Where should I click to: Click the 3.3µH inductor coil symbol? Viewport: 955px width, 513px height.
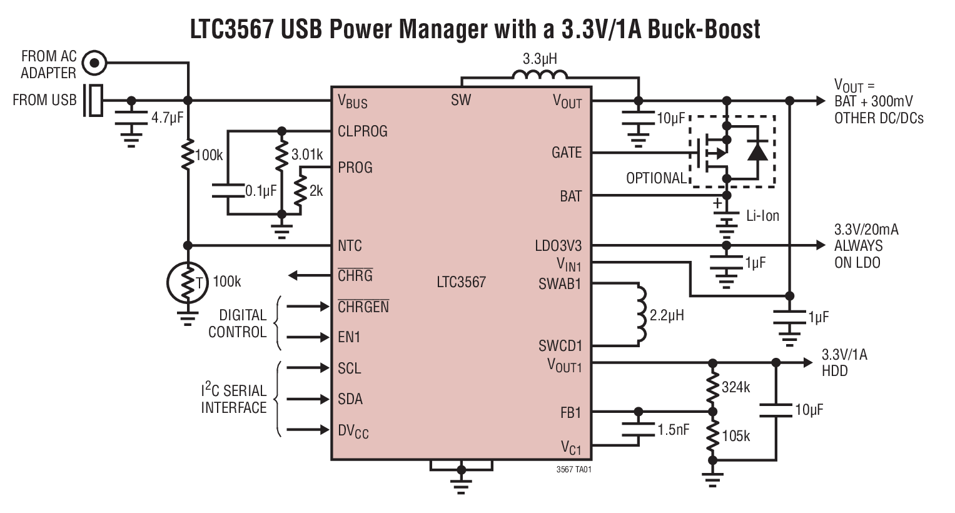[x=539, y=75]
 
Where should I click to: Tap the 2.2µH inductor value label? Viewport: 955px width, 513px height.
[x=667, y=315]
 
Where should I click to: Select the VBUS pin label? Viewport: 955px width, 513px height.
[x=352, y=101]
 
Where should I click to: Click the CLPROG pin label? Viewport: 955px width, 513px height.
[x=362, y=131]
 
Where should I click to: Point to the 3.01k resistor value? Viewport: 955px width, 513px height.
[x=307, y=155]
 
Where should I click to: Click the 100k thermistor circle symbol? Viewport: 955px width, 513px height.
[x=186, y=283]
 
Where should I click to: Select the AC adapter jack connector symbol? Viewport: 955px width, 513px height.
[x=94, y=63]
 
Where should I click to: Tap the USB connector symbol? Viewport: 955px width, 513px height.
[x=94, y=100]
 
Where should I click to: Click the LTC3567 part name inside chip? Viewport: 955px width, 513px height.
[x=461, y=282]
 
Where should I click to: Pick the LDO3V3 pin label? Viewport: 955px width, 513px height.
[x=558, y=246]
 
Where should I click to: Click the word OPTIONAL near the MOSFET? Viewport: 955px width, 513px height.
[x=656, y=178]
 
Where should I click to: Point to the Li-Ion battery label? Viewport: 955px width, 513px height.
[x=762, y=216]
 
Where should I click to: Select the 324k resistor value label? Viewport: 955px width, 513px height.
[x=735, y=387]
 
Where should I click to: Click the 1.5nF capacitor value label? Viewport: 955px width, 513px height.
[x=674, y=430]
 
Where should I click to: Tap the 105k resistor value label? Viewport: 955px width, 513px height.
[x=735, y=436]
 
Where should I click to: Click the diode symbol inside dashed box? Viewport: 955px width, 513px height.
[x=757, y=151]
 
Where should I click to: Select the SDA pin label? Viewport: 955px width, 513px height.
[x=350, y=399]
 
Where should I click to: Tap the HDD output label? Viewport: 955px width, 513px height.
[x=834, y=372]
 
